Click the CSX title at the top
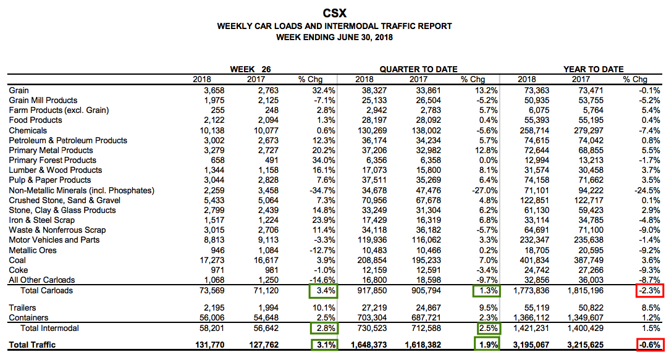point(334,13)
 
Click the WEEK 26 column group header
point(250,69)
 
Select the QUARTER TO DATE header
point(418,69)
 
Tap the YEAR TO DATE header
point(593,69)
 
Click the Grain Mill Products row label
point(43,100)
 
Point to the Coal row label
point(18,260)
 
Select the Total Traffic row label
point(32,345)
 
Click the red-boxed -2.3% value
point(650,290)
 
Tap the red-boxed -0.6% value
point(650,345)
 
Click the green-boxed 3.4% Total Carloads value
point(324,290)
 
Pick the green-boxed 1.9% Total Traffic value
point(487,345)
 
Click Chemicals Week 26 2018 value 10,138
point(206,130)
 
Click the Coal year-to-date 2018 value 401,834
point(535,260)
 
